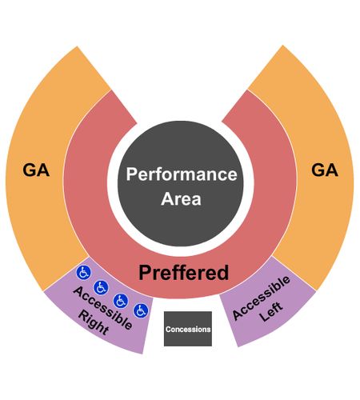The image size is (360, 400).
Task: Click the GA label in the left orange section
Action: tap(36, 170)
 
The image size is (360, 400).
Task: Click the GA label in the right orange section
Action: tap(325, 170)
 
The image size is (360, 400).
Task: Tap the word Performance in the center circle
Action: tap(182, 174)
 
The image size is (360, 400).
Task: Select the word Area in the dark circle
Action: tap(181, 198)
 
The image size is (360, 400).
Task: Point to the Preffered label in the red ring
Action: tap(184, 273)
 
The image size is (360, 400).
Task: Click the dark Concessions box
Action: tap(188, 329)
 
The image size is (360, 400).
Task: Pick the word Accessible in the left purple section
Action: tap(102, 308)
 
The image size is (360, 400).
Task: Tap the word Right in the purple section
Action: tap(94, 322)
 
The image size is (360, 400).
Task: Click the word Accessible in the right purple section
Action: tap(261, 298)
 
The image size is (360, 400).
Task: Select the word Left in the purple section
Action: tap(271, 311)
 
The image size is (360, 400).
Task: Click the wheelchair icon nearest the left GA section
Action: tap(84, 273)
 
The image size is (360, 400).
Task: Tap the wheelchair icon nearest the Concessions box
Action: tap(141, 310)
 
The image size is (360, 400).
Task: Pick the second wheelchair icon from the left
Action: tap(101, 287)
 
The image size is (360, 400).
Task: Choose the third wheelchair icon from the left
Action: tap(121, 301)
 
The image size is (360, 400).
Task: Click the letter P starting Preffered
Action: tap(145, 272)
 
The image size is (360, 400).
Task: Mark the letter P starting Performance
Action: tap(131, 174)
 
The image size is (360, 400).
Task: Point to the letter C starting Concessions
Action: tap(168, 330)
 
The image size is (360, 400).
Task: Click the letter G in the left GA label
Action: tap(29, 170)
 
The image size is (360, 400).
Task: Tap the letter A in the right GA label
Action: tap(332, 170)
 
